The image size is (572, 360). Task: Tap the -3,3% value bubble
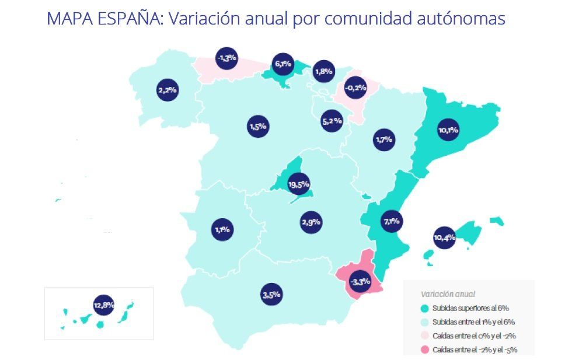coord(360,282)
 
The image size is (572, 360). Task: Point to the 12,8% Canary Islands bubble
coord(103,304)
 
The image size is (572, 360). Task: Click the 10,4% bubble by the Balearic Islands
coord(445,237)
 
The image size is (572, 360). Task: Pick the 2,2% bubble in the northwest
coord(167,90)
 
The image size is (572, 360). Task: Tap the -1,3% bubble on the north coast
coord(226,58)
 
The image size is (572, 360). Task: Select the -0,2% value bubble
coord(355,88)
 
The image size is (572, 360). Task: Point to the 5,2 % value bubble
coord(332,121)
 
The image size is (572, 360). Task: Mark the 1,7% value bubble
coord(384,139)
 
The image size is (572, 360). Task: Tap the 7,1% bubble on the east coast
coord(391,221)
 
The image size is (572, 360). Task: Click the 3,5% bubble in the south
coord(272,295)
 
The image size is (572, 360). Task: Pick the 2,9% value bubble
coord(311,222)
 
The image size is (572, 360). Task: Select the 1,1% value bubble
coord(222,229)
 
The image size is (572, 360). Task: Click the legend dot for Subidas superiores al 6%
coord(425,308)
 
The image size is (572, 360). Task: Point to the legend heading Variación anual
coord(448,294)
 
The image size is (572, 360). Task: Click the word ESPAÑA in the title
coord(129,19)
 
